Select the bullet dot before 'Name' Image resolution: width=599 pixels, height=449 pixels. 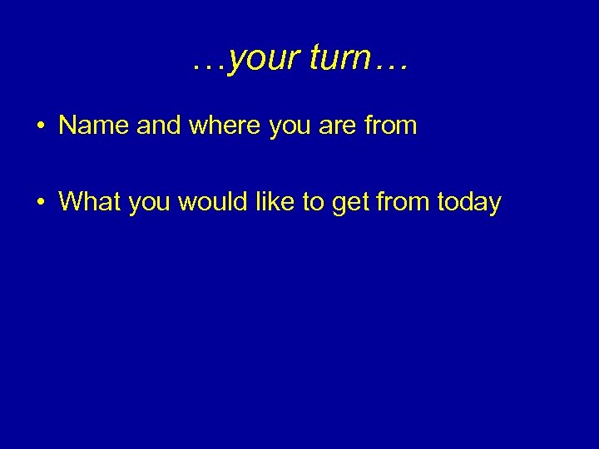tap(40, 126)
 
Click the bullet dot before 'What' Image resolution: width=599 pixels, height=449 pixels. tap(40, 202)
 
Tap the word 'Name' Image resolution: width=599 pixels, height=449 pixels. tap(92, 126)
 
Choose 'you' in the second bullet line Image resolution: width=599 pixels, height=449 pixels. tap(146, 203)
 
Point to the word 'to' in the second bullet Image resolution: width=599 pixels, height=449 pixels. tap(311, 201)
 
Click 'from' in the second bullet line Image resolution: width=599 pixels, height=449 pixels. tap(402, 201)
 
